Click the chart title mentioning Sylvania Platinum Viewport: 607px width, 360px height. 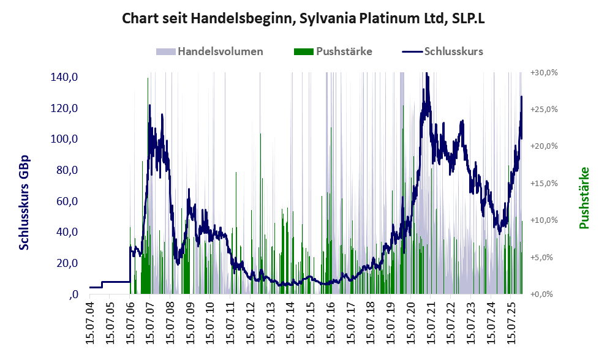click(x=304, y=18)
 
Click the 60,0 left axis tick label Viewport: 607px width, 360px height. click(x=65, y=201)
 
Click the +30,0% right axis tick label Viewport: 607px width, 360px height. click(x=544, y=72)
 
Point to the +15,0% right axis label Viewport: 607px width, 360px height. click(x=544, y=183)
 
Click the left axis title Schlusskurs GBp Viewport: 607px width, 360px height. click(x=25, y=202)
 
